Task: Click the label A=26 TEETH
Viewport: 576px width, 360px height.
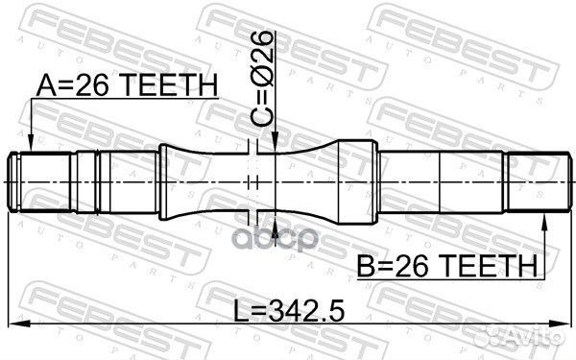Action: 127,87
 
